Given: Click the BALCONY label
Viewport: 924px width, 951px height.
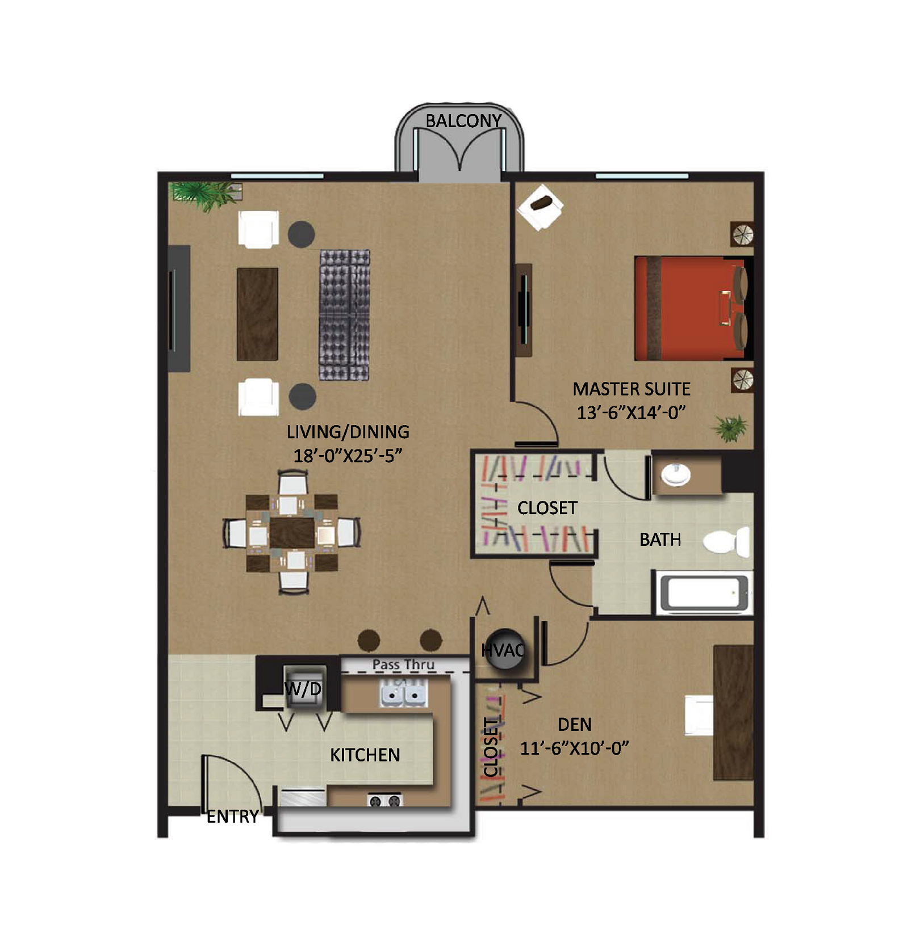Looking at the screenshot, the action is point(463,121).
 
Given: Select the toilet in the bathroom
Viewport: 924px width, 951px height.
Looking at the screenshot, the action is point(727,541).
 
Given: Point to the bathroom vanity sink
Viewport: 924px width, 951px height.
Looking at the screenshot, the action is point(676,475).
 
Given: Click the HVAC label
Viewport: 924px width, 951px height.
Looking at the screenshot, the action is point(503,650).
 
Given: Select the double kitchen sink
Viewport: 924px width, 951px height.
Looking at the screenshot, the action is point(403,694).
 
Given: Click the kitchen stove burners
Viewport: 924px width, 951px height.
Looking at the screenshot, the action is point(385,801).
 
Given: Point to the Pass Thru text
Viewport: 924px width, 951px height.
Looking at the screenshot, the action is point(403,664).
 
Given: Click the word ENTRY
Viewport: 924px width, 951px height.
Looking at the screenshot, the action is point(232,817).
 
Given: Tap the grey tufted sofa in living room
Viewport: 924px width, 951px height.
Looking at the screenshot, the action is point(344,315).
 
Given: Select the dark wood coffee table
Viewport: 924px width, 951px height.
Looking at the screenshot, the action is point(257,314).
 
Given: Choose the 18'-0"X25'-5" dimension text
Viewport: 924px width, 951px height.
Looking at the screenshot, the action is point(348,456).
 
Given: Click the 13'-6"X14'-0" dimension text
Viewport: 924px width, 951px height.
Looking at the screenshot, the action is point(632,413).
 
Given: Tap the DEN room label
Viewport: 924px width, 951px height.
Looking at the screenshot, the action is point(575,725).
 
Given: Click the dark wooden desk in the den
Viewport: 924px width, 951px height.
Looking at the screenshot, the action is point(733,712).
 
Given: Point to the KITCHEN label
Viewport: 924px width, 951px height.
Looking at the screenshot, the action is point(365,755).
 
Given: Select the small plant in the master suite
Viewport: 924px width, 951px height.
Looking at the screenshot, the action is point(730,427).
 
